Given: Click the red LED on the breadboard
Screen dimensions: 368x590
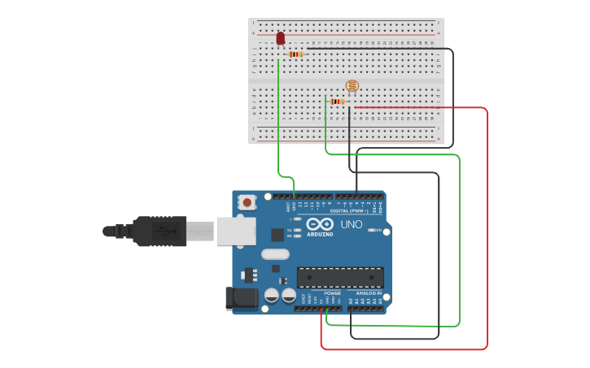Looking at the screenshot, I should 281,38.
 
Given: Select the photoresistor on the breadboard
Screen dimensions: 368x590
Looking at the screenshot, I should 352,85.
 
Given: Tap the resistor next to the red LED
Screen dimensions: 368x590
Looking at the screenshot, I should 295,54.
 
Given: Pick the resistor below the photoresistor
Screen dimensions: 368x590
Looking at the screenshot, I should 337,102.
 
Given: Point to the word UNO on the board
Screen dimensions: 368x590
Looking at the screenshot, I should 351,224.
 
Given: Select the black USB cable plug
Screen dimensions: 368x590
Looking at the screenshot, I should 163,231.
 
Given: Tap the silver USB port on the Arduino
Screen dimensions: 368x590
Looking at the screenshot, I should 235,231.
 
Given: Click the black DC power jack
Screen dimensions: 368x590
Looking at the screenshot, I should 242,298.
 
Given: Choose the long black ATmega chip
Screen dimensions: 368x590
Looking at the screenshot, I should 339,277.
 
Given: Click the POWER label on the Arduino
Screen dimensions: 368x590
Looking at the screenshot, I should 332,293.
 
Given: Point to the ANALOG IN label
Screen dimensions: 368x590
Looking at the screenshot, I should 368,293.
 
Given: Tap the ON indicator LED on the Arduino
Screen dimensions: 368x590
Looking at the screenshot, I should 372,231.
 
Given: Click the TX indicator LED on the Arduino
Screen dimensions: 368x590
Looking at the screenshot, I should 297,230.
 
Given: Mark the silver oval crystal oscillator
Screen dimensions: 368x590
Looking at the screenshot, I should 275,253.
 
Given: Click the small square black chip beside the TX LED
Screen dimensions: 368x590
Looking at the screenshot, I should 278,235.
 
